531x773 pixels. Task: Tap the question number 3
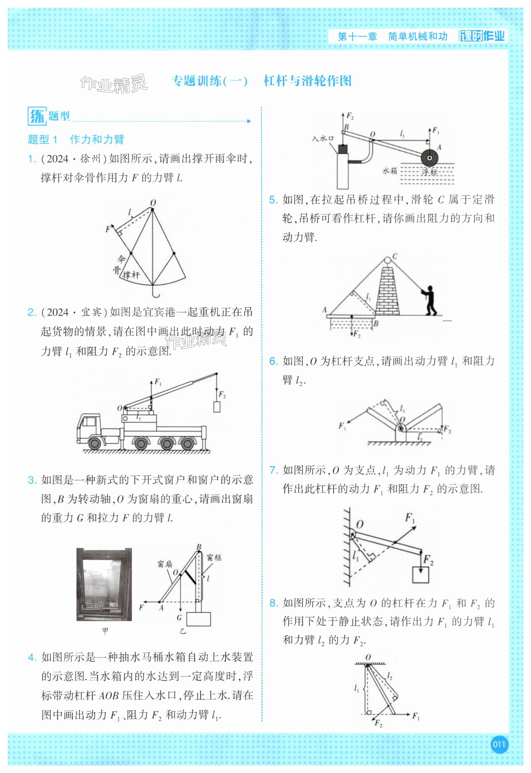32,480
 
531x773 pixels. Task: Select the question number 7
273,470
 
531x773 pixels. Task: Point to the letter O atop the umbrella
153,203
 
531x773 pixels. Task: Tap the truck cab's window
89,422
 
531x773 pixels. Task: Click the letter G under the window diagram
179,618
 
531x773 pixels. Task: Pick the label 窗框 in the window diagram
214,557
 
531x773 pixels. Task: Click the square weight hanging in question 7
421,575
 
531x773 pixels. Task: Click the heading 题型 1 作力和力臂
76,139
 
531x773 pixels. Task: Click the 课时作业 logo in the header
482,36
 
